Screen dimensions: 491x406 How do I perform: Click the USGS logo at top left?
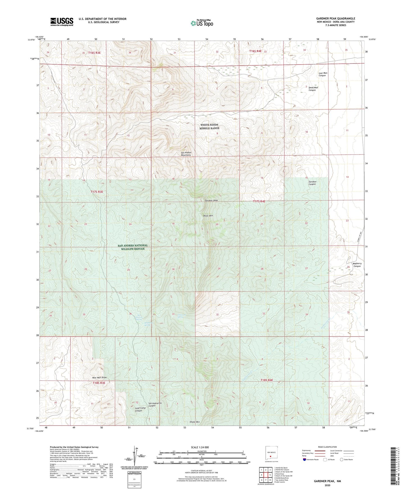point(62,22)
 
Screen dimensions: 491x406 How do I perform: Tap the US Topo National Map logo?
point(202,23)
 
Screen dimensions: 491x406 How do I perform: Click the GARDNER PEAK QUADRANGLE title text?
point(335,19)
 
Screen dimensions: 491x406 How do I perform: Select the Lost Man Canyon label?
point(323,74)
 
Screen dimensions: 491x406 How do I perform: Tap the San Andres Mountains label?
point(186,154)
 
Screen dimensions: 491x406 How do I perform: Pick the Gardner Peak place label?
point(211,201)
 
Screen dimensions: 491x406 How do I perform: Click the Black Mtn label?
point(208,216)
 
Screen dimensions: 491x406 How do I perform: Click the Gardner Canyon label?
point(312,183)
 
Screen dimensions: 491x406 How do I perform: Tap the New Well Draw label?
point(99,377)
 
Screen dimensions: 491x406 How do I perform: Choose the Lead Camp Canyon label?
point(140,409)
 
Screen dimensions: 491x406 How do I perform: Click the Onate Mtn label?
point(194,422)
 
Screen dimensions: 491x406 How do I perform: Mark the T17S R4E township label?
point(259,201)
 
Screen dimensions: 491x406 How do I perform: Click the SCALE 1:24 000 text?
point(200,447)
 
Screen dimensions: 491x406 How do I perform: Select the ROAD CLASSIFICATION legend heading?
point(327,447)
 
